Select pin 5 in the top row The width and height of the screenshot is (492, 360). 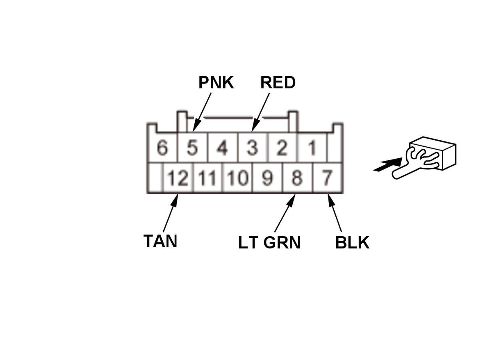(192, 148)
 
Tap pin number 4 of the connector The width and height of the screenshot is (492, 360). (222, 148)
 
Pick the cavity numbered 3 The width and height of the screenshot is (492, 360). (253, 148)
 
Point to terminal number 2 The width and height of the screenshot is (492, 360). (282, 148)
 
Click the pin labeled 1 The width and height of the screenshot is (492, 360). (312, 148)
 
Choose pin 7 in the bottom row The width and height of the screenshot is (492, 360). (327, 178)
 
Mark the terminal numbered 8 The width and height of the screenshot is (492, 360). (297, 178)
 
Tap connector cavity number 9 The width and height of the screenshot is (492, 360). (267, 178)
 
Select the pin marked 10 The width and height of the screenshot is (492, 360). (237, 178)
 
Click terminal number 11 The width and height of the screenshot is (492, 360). (207, 178)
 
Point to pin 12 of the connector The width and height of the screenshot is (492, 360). (178, 178)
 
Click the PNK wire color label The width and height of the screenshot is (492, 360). (216, 83)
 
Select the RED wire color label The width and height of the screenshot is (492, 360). (278, 83)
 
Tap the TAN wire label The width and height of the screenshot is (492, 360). (160, 241)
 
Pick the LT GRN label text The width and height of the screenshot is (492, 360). (269, 243)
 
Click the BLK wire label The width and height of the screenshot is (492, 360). (352, 243)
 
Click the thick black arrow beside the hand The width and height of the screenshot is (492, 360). (387, 166)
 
